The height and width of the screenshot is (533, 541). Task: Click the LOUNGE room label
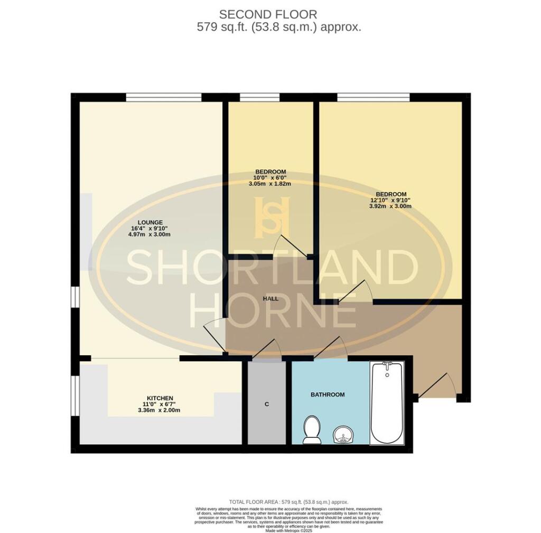[x=150, y=222]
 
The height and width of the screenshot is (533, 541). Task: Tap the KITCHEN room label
[x=160, y=398]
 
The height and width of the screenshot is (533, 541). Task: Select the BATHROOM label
[x=328, y=394]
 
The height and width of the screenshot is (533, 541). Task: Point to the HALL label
[x=271, y=299]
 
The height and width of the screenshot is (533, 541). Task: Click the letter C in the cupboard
[x=267, y=404]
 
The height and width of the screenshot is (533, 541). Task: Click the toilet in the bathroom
[x=312, y=429]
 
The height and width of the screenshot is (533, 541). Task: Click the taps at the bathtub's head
[x=387, y=365]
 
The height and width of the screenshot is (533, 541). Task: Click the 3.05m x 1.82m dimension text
[x=270, y=184]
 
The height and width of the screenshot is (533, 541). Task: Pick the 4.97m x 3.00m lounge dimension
[x=150, y=234]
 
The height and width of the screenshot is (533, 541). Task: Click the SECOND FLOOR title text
[x=268, y=14]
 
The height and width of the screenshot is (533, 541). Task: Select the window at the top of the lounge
[x=164, y=97]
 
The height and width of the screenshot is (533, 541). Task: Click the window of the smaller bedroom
[x=259, y=97]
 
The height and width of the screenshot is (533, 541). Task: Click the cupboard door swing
[x=268, y=350]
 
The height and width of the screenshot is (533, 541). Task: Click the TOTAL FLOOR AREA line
[x=288, y=501]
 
